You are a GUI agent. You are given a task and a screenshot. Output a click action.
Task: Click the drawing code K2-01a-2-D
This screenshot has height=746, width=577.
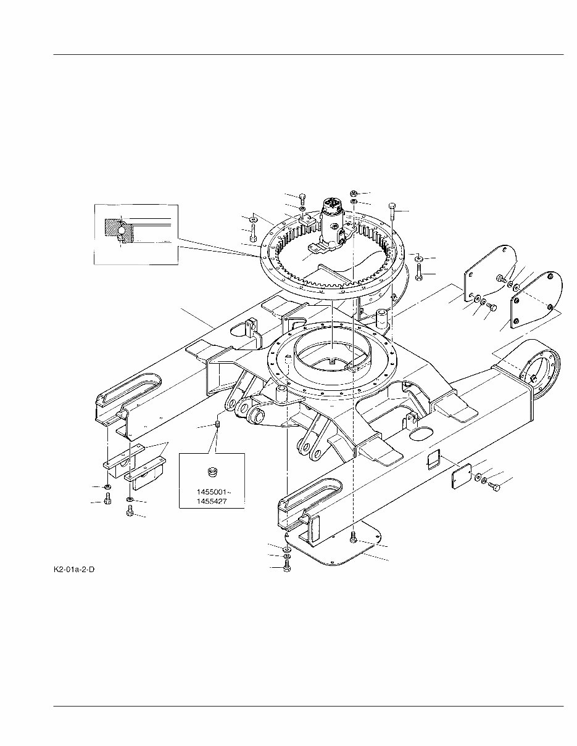click(x=74, y=568)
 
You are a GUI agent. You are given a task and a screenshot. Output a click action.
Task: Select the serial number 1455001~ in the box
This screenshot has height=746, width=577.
click(x=212, y=493)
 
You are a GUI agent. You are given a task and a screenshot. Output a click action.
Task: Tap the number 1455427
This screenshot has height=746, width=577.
click(x=212, y=502)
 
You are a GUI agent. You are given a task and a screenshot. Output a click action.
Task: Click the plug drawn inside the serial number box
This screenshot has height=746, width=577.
click(x=212, y=473)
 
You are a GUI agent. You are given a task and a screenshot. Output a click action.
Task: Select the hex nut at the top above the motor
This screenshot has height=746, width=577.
click(x=354, y=194)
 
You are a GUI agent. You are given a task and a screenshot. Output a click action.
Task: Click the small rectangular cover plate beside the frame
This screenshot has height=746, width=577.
click(x=462, y=477)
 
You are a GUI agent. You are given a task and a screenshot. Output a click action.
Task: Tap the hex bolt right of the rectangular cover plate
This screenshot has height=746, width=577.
click(x=493, y=487)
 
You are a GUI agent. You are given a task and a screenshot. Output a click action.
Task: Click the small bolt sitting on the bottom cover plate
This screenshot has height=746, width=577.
click(x=353, y=539)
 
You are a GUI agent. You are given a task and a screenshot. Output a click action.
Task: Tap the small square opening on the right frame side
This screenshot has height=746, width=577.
click(x=433, y=457)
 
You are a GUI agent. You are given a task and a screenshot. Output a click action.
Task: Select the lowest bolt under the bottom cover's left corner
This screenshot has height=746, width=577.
click(x=287, y=567)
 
